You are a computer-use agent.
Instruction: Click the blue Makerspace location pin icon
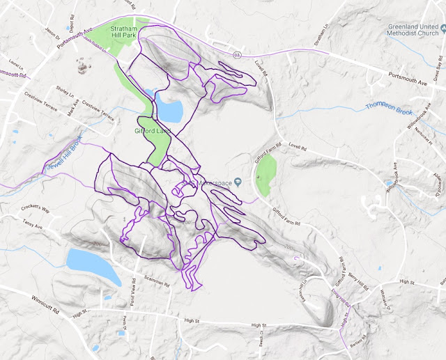pyautogui.click(x=238, y=182)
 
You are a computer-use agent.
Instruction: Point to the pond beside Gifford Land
pyautogui.click(x=170, y=109)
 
